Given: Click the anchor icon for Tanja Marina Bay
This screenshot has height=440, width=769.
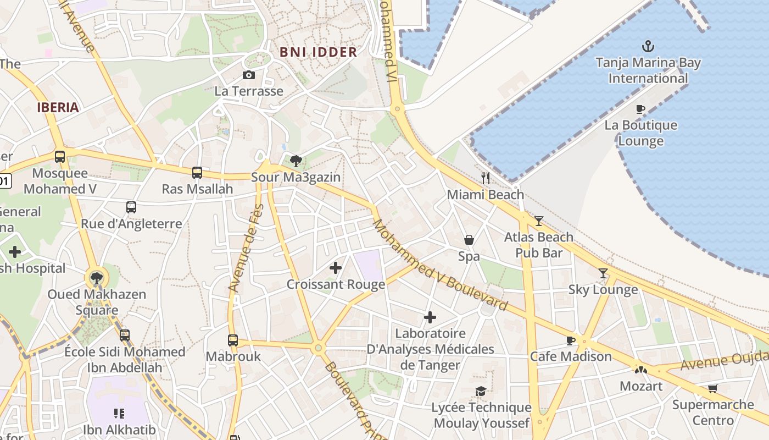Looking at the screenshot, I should click(648, 46).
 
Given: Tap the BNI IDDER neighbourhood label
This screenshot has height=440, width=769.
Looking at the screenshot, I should click(319, 52).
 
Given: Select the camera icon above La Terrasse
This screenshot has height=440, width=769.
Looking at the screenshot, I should click(249, 75).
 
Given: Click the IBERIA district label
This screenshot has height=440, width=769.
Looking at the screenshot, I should click(58, 107).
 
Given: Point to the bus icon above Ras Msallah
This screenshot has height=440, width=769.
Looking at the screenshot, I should click(197, 173).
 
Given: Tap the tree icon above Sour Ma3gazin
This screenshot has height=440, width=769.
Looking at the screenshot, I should click(296, 161).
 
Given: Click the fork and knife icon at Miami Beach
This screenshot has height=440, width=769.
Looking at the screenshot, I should click(486, 178).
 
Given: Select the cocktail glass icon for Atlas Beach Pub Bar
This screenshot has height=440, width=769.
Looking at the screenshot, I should click(539, 221).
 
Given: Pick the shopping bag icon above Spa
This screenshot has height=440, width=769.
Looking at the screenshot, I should click(469, 240).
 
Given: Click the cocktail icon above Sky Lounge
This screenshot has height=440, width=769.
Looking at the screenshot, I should click(603, 273).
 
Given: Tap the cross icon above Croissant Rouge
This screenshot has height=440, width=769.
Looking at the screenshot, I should click(335, 268).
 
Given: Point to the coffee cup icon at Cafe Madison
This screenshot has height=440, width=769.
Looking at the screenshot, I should click(571, 340).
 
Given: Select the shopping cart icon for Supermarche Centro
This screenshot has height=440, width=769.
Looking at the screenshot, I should click(713, 388).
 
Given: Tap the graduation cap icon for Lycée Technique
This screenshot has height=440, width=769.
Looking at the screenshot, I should click(481, 391).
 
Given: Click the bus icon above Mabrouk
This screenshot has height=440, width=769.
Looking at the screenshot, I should click(233, 340).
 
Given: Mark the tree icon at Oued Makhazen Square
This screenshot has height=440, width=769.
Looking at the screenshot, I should click(97, 278).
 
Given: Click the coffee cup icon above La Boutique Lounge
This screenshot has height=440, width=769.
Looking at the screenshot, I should click(640, 109).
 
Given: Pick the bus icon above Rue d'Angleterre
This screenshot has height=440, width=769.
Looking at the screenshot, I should click(131, 207).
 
